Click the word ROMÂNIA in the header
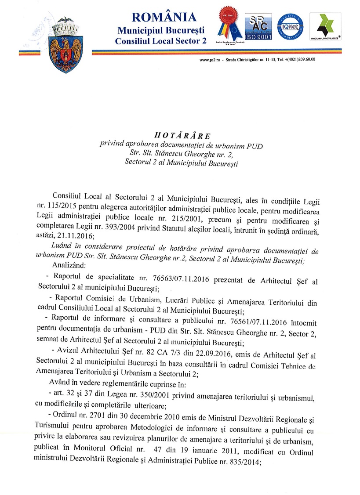[x=164, y=18]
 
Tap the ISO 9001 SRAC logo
[x=258, y=27]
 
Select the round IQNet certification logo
[x=290, y=26]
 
